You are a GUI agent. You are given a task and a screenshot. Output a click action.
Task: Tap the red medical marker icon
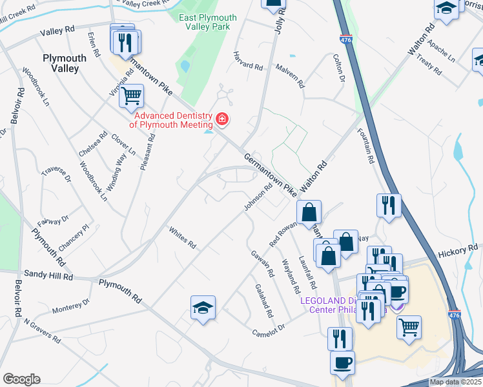[x=222, y=119]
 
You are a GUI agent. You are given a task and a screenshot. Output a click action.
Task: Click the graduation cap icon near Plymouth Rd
[x=203, y=308]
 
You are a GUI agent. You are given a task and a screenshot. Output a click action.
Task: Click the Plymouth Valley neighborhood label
[x=65, y=63]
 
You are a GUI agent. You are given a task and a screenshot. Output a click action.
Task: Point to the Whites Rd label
[x=182, y=238]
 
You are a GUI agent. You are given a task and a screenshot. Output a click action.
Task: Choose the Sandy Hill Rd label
[x=48, y=275]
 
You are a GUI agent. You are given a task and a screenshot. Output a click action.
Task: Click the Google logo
[x=21, y=379]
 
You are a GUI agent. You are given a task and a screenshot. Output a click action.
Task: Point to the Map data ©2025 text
[x=455, y=382]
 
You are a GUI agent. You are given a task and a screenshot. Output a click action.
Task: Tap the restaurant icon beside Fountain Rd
[x=389, y=205]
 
